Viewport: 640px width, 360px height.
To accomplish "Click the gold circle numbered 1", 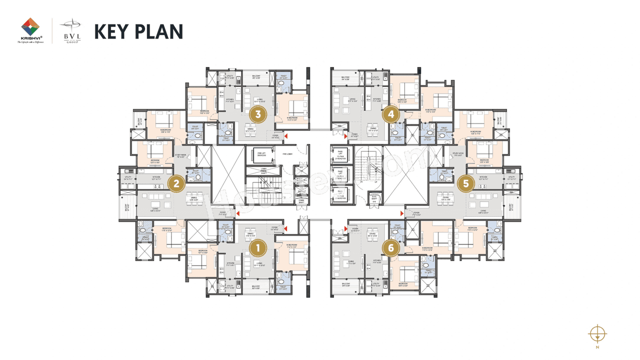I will coord(258,247).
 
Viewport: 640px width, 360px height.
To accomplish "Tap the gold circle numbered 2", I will coord(175,183).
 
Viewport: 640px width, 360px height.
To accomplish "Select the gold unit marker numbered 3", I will coord(258,114).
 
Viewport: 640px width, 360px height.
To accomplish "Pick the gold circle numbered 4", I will coord(391,114).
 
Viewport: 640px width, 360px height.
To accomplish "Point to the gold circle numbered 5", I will coord(466,183).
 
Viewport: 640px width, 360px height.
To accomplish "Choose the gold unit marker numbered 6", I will coord(391,247).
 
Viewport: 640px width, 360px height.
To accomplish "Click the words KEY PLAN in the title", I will coord(138,31).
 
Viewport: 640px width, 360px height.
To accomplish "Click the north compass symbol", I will coord(597,333).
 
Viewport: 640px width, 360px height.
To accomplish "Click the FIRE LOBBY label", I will coord(287,154).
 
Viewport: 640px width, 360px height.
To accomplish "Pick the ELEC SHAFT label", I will coord(373,198).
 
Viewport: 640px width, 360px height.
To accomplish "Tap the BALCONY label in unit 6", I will coord(345,284).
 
